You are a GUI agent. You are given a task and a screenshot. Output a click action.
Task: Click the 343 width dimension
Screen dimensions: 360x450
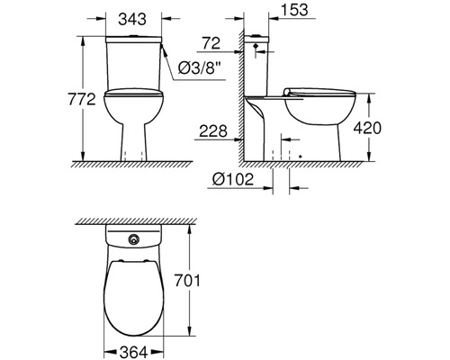point(137,19)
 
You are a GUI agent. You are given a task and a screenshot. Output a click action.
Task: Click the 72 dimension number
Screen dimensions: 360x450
point(211,43)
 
